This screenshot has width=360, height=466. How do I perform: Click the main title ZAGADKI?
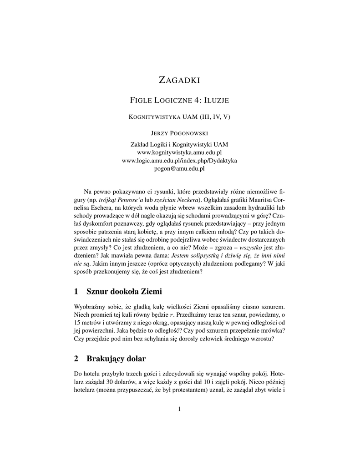coord(180,81)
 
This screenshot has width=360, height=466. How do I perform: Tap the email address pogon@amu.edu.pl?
coord(180,168)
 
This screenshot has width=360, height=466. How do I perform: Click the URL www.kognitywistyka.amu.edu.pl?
coord(180,152)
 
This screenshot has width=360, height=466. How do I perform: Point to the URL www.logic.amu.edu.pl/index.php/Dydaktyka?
coord(180,160)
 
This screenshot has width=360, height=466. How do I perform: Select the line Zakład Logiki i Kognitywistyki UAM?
coord(180,144)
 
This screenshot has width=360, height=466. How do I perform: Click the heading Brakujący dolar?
coord(116,359)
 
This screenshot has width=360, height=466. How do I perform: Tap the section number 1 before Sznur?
coord(76,291)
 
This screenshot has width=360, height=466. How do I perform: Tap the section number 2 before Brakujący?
coord(76,359)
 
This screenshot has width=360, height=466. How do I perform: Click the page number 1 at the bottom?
coord(180,409)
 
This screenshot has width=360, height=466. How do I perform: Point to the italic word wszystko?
coord(252,249)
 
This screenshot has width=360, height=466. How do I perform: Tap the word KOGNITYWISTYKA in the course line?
coord(154,116)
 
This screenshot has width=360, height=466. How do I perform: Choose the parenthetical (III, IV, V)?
coord(214,116)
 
